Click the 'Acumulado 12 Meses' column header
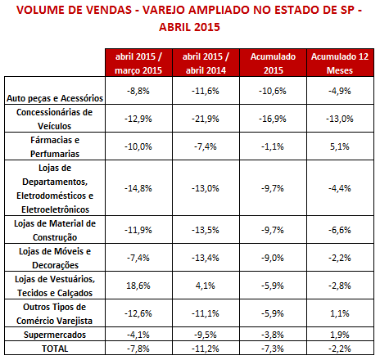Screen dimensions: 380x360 [340, 63]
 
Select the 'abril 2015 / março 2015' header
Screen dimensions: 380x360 [138, 63]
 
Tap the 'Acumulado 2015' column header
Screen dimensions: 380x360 [273, 63]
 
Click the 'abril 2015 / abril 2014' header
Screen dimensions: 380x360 [206, 63]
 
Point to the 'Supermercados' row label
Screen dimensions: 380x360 [55, 335]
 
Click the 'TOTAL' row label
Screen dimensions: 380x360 [55, 349]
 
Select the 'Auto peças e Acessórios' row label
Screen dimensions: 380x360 [55, 98]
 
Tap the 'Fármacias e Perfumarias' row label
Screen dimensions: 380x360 [55, 146]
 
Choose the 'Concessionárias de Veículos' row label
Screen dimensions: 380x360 [55, 119]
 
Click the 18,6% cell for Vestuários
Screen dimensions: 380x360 [138, 286]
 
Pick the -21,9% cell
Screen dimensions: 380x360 [206, 119]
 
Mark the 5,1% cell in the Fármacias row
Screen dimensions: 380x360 [340, 146]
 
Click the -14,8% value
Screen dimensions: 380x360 [138, 188]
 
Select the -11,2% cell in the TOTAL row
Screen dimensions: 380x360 [206, 349]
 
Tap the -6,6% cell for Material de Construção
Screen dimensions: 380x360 [340, 230]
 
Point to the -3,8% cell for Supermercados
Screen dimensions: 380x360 [273, 335]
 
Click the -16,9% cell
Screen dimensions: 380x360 [273, 119]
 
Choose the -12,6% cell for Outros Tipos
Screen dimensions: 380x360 [138, 313]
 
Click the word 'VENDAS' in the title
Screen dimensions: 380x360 [109, 10]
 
